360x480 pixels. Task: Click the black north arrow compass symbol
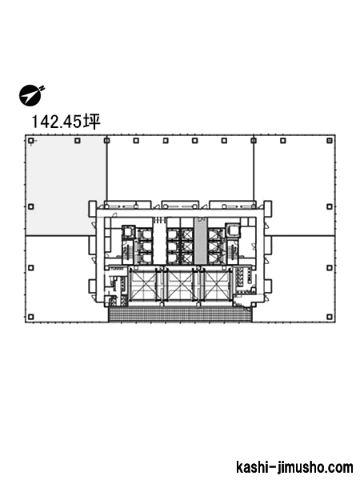[x=30, y=96]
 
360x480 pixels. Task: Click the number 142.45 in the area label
[x=57, y=122]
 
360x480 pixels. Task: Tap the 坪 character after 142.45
[x=92, y=122]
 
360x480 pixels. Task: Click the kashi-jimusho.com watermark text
[x=294, y=467]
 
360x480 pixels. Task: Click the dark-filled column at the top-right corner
[x=330, y=141]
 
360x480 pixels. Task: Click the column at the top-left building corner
[x=30, y=141]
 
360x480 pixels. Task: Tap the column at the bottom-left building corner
[x=30, y=317]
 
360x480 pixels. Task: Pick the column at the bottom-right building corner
[x=330, y=317]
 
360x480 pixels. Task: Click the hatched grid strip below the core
[x=180, y=314]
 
